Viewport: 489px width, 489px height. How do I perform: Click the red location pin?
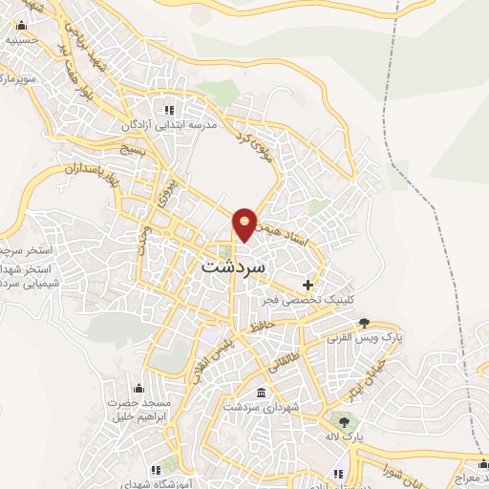click(245, 223)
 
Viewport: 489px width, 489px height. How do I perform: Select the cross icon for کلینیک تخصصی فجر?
click(308, 285)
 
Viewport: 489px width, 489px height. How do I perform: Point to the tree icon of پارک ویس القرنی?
click(364, 324)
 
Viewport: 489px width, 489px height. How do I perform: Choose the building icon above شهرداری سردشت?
click(262, 393)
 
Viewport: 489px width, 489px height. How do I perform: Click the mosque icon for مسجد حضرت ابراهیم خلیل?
click(140, 387)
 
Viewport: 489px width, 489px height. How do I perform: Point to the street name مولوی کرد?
click(260, 142)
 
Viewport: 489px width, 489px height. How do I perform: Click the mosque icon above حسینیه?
click(20, 27)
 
